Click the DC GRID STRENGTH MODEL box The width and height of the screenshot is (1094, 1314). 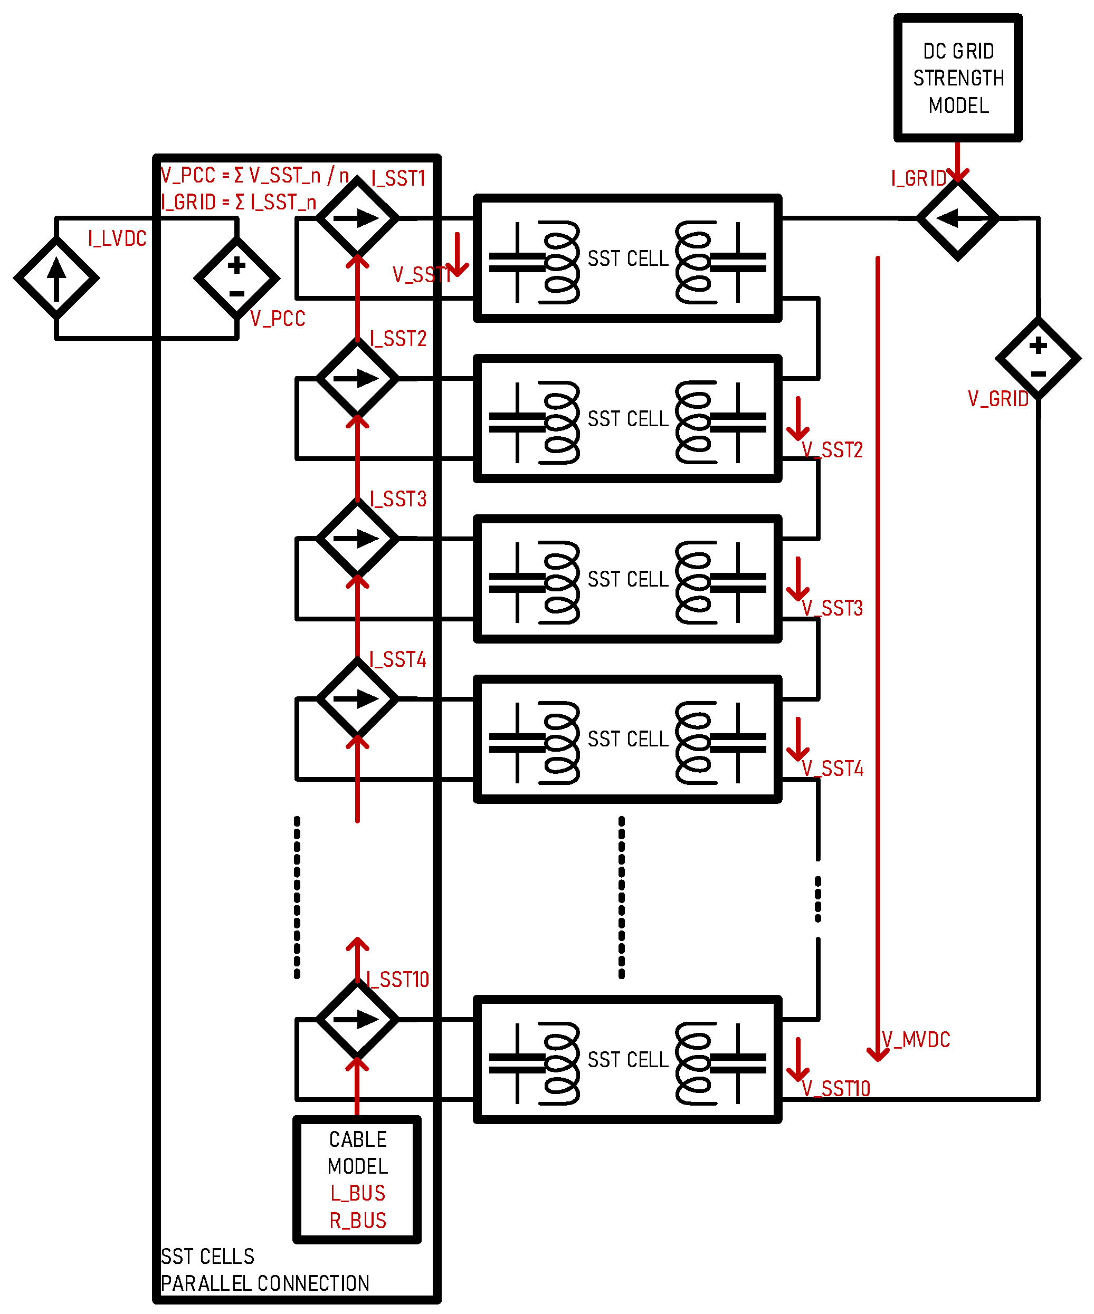(x=957, y=78)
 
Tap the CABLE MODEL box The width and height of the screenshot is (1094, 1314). (x=357, y=1179)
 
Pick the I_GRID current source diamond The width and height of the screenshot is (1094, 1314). (x=957, y=218)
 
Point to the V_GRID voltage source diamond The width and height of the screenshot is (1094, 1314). (x=1038, y=359)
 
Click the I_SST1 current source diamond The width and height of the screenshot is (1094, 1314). (x=357, y=218)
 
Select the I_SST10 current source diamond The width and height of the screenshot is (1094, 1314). (x=357, y=1019)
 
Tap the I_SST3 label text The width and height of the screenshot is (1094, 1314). (x=398, y=498)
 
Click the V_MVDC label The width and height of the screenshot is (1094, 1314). (x=916, y=1039)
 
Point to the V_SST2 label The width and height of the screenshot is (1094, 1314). (x=832, y=449)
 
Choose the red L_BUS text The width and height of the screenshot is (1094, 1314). (x=357, y=1193)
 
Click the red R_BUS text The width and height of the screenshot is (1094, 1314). (x=357, y=1220)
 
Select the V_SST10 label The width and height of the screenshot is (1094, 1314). (x=836, y=1088)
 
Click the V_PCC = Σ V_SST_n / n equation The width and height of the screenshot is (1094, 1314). (x=255, y=175)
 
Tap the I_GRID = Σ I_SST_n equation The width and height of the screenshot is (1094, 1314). (x=239, y=202)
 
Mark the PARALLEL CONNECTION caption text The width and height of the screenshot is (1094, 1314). (x=265, y=1283)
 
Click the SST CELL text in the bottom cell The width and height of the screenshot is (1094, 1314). (x=627, y=1059)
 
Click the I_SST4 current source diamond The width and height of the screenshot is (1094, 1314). (x=357, y=699)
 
